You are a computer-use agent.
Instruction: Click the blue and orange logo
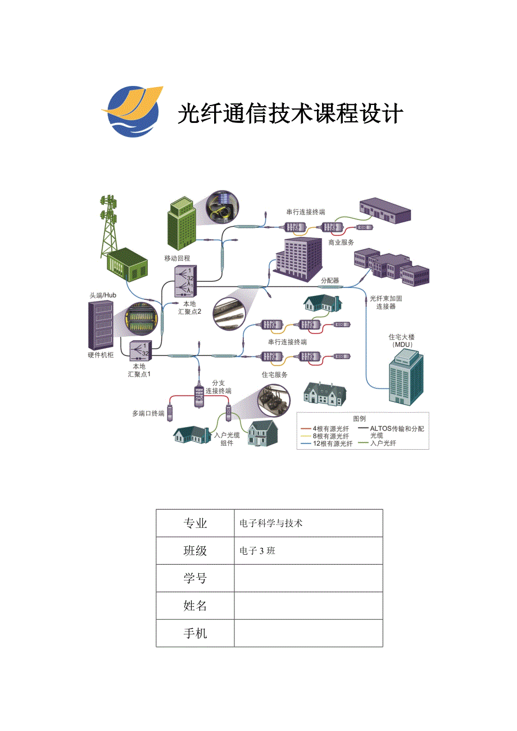(x=131, y=111)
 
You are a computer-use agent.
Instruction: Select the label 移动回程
(x=177, y=258)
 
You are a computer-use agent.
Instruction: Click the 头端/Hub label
(x=102, y=295)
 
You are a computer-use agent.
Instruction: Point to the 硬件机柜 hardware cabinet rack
(x=101, y=325)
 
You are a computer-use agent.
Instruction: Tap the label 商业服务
(x=341, y=242)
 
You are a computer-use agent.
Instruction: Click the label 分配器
(x=330, y=280)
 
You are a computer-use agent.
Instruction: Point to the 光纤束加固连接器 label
(x=386, y=303)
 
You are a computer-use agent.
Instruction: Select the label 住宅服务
(x=274, y=374)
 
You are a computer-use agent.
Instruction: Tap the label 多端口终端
(x=148, y=414)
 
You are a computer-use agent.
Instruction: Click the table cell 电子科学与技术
(x=271, y=523)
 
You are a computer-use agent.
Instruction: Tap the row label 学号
(x=195, y=578)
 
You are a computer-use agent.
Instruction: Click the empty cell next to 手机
(x=308, y=633)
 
